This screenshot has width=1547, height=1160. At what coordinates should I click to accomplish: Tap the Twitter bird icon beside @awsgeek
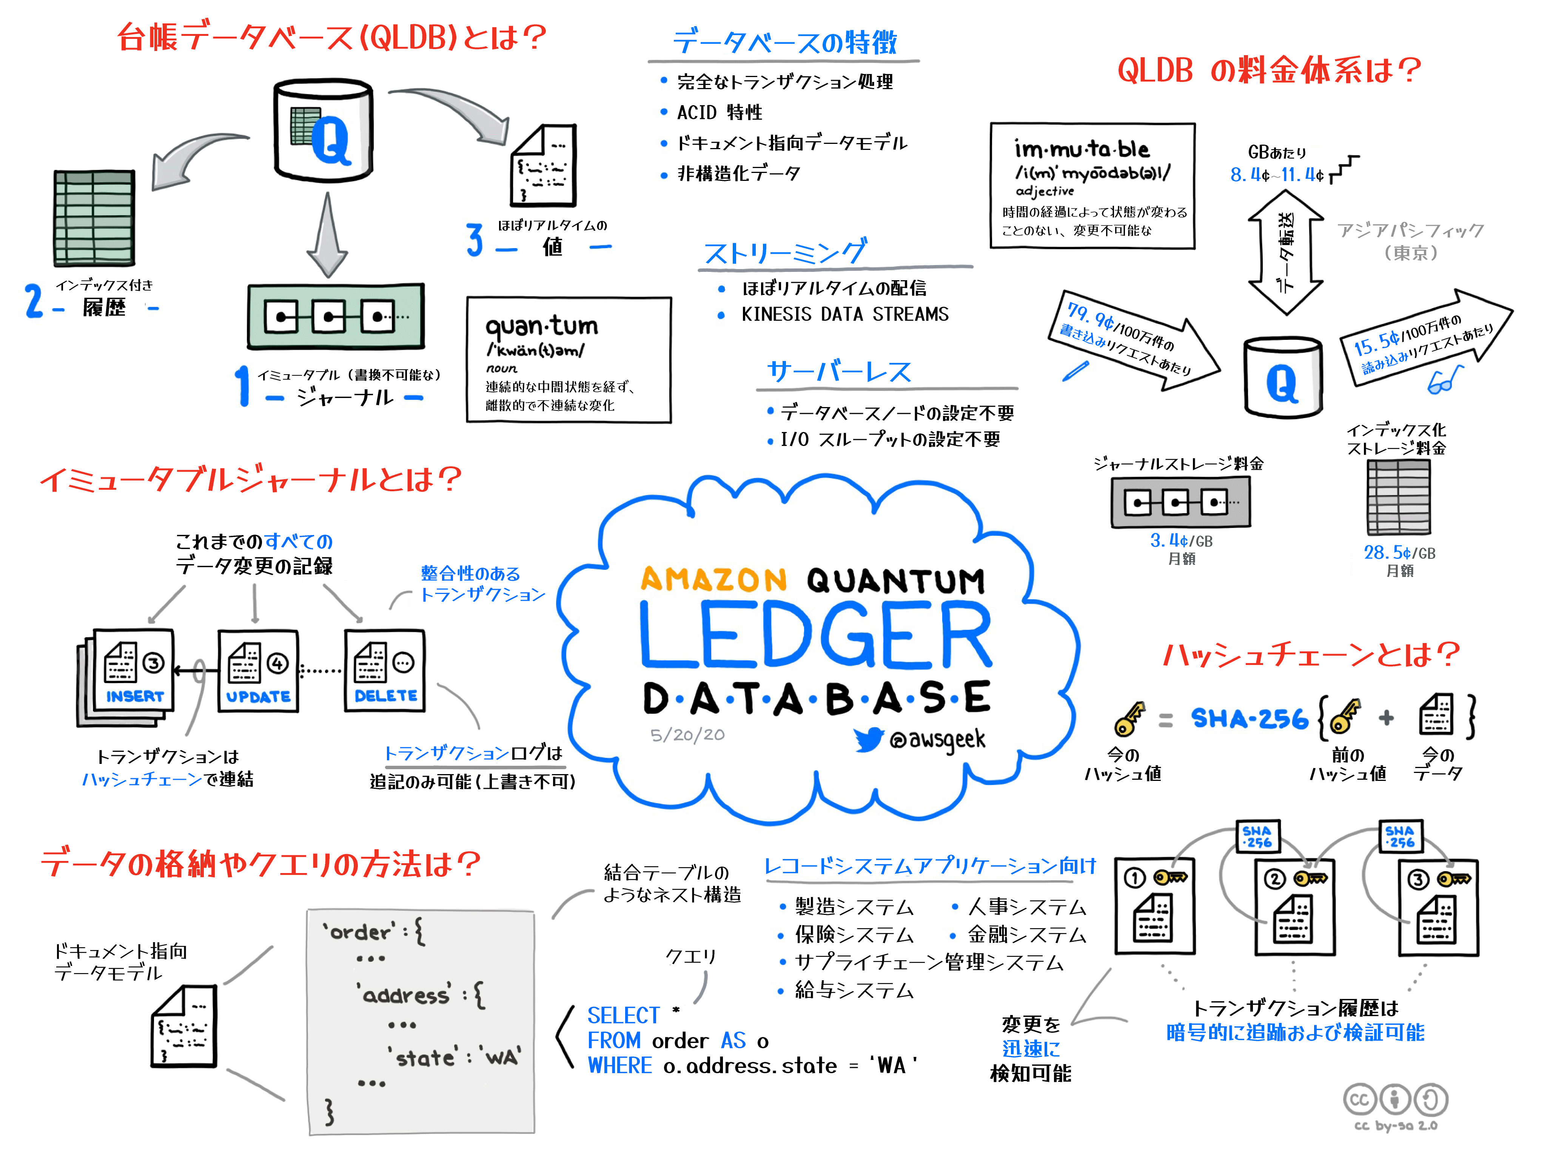coord(869,739)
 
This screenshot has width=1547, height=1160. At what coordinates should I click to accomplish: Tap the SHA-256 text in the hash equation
coord(1249,719)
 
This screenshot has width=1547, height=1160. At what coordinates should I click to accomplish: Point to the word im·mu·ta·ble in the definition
coord(1081,149)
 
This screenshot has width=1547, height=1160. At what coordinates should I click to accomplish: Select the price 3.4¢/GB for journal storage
coord(1180,541)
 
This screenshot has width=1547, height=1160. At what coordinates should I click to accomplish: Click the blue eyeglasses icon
coord(1445,380)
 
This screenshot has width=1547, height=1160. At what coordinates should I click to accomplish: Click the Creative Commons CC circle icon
coord(1359,1099)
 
